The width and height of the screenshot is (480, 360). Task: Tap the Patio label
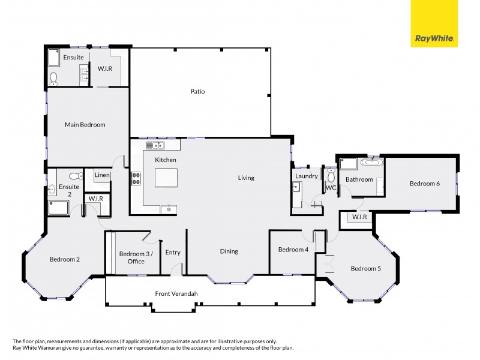click(x=198, y=91)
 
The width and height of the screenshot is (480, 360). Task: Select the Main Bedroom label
click(x=85, y=125)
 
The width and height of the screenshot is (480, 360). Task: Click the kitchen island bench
click(x=166, y=178)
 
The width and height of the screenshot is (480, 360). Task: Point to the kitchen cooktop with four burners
click(x=136, y=178)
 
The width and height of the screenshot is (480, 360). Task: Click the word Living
click(x=246, y=178)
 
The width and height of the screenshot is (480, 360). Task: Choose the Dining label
click(x=229, y=251)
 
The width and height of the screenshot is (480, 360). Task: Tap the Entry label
click(x=173, y=253)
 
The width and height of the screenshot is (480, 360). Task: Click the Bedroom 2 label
click(x=64, y=259)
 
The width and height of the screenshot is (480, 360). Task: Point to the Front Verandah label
click(x=176, y=293)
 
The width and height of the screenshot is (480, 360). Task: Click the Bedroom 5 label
click(x=366, y=268)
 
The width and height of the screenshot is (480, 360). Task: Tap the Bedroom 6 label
click(x=425, y=184)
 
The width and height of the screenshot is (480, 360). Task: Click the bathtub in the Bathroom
click(x=373, y=161)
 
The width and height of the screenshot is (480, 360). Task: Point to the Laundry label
click(x=307, y=176)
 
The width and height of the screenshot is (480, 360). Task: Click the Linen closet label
click(x=103, y=175)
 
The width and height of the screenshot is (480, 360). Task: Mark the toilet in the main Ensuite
click(x=54, y=77)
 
